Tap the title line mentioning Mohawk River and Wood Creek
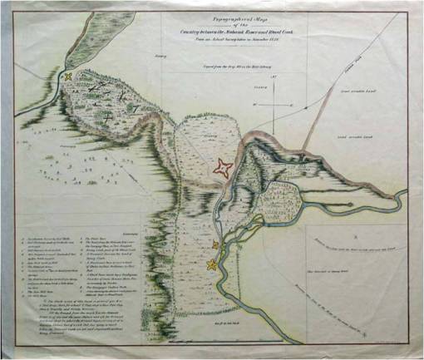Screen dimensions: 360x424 click(228, 31)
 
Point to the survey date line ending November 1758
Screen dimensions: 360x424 click(228, 39)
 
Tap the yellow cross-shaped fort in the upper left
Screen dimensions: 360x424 click(67, 77)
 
